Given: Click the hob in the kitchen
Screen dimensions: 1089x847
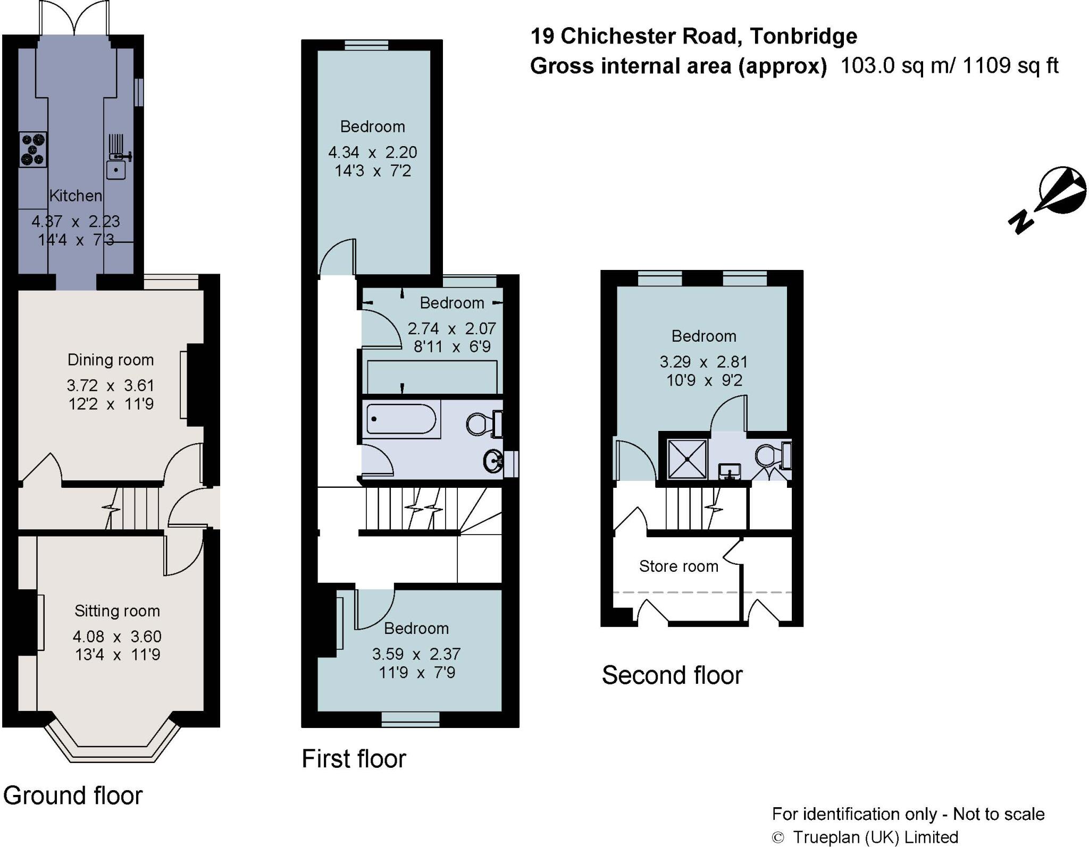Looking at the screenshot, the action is point(33,149).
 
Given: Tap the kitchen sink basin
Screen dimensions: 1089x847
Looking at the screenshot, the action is point(116,170).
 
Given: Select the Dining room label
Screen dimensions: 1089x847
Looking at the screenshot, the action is point(111,360).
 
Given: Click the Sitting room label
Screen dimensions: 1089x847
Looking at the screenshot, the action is point(117,611).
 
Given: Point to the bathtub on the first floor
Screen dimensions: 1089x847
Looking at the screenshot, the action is point(402,419).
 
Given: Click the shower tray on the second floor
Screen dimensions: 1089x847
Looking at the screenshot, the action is point(688,459).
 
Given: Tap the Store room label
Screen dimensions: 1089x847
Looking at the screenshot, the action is point(678,566).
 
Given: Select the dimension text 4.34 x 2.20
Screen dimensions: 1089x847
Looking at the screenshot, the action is point(372,153).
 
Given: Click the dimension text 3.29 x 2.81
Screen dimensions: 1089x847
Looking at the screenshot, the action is point(703,362).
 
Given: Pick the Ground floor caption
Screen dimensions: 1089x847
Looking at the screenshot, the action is point(73,796).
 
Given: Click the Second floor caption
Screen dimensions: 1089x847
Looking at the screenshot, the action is point(672,675).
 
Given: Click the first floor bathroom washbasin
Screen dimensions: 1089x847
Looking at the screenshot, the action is point(494,461).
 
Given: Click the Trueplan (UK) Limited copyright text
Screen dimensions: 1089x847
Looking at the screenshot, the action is point(875,837).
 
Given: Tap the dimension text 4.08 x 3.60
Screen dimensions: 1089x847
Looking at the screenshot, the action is point(117,637).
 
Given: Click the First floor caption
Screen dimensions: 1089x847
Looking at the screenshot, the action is point(354,759).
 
